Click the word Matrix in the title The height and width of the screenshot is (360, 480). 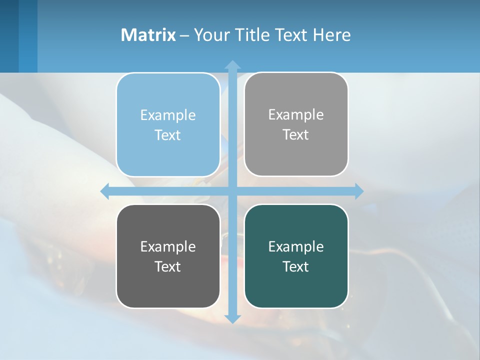(x=148, y=35)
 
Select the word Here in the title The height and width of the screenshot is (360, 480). (x=332, y=35)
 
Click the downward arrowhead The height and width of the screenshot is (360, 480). (x=232, y=318)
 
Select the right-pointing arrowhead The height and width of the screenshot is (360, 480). (x=358, y=191)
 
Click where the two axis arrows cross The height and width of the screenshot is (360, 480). (x=232, y=191)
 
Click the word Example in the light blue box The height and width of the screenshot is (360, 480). (x=168, y=115)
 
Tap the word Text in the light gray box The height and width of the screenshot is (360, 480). (x=296, y=135)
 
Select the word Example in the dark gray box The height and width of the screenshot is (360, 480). (x=168, y=247)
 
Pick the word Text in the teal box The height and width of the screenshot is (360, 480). (x=296, y=267)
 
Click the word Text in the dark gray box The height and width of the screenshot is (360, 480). (x=168, y=267)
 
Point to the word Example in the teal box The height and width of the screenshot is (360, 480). (x=296, y=247)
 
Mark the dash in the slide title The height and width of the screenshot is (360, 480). (x=184, y=35)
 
